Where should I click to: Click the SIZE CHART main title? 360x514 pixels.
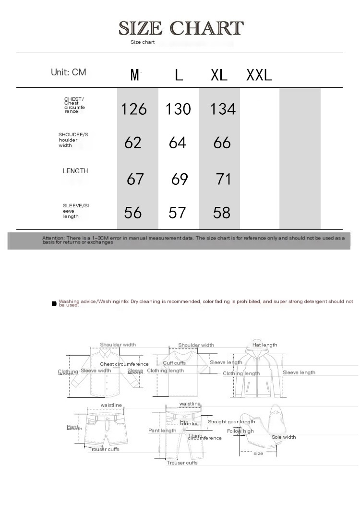tap(181, 28)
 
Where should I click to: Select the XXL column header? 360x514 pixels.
tap(259, 75)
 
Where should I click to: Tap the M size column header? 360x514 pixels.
tap(135, 75)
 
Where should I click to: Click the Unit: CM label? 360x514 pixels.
tap(69, 72)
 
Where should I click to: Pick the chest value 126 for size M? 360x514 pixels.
tap(134, 109)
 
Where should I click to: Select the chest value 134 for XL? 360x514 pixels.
tap(223, 109)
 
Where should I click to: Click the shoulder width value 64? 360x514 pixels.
tap(178, 143)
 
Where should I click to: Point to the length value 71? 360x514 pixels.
tap(224, 179)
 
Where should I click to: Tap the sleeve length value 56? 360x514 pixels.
tap(133, 213)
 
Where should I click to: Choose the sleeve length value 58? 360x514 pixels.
tap(222, 213)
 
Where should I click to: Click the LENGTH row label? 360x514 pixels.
tap(75, 171)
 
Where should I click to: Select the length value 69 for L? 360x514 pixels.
tap(180, 179)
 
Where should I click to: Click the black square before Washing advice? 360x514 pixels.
tap(54, 304)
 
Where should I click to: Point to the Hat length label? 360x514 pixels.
tap(264, 345)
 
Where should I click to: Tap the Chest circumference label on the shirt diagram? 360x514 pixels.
tap(124, 364)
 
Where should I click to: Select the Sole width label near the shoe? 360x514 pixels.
tap(284, 437)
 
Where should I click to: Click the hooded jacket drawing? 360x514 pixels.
tap(259, 374)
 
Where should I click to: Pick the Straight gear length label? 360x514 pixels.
tap(231, 422)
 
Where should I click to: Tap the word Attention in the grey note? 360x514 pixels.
tap(53, 238)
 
